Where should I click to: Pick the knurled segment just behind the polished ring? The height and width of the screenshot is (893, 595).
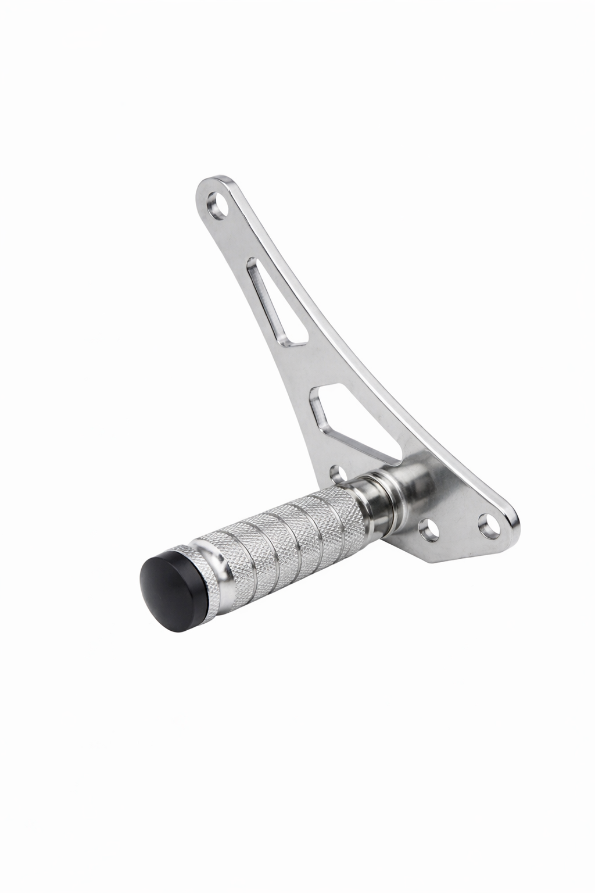227,552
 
